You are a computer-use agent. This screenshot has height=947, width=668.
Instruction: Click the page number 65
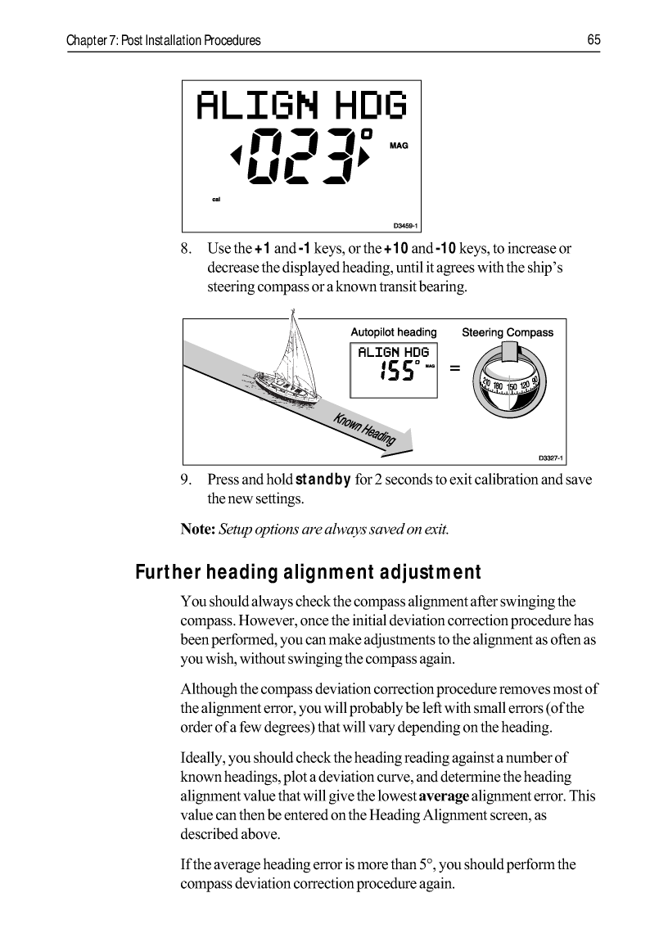point(594,40)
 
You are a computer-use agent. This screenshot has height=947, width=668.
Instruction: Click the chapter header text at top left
point(164,40)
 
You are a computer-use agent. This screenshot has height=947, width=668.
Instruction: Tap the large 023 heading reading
point(302,156)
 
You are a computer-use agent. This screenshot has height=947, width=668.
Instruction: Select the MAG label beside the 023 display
point(398,145)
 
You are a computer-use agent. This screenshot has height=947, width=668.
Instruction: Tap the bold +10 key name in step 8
point(397,248)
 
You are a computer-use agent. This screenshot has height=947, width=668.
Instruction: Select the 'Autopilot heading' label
point(394,332)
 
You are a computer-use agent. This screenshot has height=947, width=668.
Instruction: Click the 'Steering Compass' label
point(508,332)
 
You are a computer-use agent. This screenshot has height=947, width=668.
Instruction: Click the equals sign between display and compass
point(454,370)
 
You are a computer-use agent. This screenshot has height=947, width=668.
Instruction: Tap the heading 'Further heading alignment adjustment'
point(308,571)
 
